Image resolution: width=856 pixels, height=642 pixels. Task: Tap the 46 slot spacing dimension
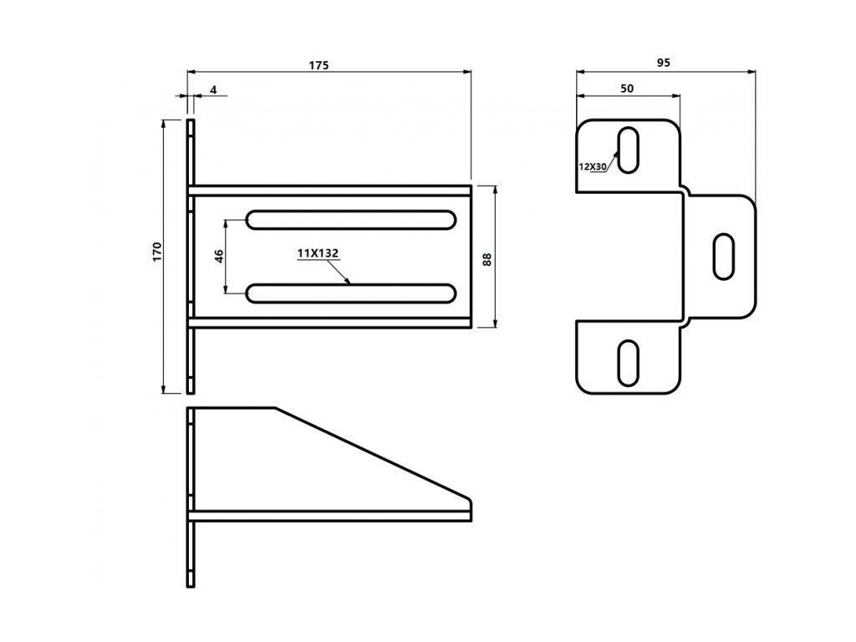(219, 255)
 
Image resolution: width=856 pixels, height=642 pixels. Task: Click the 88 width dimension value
(487, 258)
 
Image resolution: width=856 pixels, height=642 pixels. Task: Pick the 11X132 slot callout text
(321, 252)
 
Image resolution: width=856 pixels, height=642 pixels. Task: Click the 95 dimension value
(663, 63)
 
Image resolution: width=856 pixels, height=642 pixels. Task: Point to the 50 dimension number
(626, 88)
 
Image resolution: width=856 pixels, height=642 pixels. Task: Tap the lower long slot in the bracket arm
(351, 293)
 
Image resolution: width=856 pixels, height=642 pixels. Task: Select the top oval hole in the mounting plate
(628, 150)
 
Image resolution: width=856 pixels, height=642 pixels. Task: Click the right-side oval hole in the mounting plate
(724, 257)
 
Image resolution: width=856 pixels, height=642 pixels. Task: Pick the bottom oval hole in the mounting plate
(628, 362)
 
